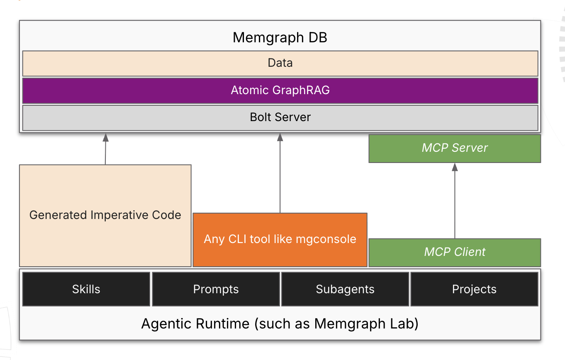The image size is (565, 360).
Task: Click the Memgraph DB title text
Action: [x=280, y=37]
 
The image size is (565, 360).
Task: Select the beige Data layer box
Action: [x=280, y=63]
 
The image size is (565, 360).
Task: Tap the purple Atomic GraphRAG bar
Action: [x=280, y=90]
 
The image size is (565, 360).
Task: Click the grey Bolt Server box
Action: [x=280, y=117]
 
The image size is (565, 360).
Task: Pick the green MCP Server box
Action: [x=455, y=148]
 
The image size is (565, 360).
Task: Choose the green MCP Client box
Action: [x=455, y=252]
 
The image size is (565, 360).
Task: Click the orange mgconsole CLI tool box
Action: [x=280, y=239]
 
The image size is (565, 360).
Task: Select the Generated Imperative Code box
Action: [x=105, y=215]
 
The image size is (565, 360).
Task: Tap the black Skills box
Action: [x=86, y=289]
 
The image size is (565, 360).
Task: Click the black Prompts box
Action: [x=216, y=289]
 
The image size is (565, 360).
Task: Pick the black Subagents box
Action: [x=345, y=289]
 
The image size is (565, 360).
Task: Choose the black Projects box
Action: [x=474, y=289]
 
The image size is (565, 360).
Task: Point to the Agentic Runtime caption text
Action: [x=280, y=324]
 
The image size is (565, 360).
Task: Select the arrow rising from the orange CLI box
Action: [x=280, y=174]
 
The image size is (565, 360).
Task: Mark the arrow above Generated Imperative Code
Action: [x=105, y=149]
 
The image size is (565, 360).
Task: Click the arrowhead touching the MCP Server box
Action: [x=455, y=167]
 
